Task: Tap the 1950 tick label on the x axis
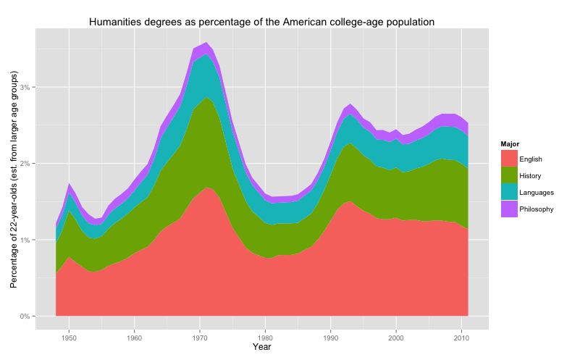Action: [x=69, y=338]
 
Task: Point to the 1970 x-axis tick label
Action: [x=200, y=338]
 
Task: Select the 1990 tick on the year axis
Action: [x=331, y=338]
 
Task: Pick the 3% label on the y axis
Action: [x=26, y=87]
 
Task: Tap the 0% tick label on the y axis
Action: [x=26, y=317]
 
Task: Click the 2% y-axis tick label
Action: [x=26, y=164]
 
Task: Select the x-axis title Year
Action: [x=262, y=348]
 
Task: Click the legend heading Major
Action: [x=510, y=143]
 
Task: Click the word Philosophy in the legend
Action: [x=537, y=209]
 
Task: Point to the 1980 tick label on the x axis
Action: [x=265, y=338]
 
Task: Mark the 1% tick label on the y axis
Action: [x=26, y=240]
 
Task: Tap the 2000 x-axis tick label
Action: [x=396, y=338]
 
